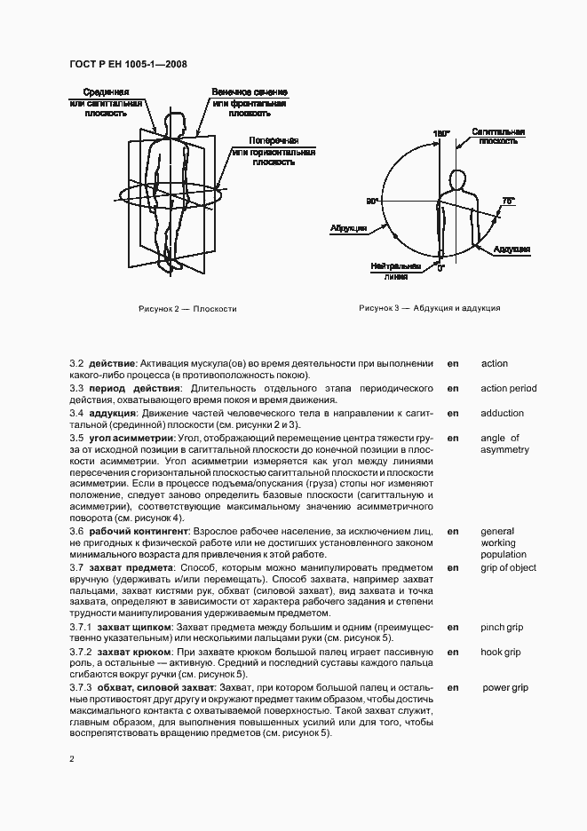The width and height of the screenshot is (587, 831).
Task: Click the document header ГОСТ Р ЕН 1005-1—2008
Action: point(127,64)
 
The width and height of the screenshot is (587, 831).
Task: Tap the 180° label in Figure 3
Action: point(441,133)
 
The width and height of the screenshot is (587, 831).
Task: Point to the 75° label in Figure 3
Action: point(508,202)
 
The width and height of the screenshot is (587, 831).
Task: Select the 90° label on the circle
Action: point(373,202)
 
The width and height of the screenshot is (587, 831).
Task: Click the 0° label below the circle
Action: point(440,267)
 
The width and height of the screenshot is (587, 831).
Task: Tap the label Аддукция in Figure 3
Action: point(512,249)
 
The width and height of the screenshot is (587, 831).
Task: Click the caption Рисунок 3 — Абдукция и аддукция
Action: point(430,308)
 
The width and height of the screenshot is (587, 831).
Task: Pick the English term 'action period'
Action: point(508,388)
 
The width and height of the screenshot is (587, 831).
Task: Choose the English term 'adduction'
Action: point(503,413)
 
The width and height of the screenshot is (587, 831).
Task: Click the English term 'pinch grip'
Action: point(502,628)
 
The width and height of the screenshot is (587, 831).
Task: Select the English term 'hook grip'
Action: point(501,653)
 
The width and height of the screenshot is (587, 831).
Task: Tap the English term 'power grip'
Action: point(505,687)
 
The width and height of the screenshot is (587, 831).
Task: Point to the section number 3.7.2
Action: point(83,653)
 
